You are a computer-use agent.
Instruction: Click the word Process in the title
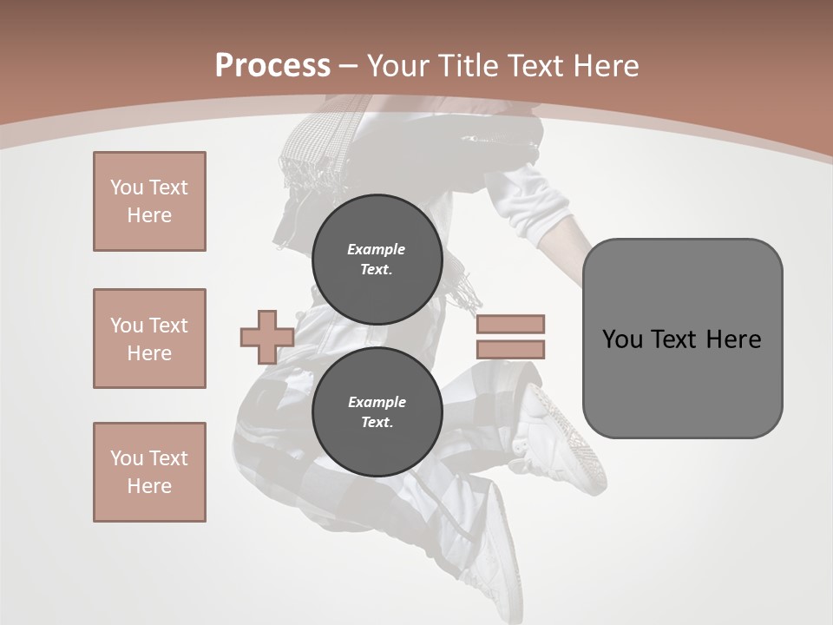tap(272, 66)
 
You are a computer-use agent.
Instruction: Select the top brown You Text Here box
tap(149, 201)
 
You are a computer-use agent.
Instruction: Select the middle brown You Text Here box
tap(149, 339)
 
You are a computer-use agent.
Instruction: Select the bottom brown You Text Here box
tap(149, 472)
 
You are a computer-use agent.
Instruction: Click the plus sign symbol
tap(266, 337)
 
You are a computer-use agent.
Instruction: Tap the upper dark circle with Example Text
tap(377, 259)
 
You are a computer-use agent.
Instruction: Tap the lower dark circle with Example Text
tap(377, 412)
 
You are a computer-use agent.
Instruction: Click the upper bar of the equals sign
tap(510, 324)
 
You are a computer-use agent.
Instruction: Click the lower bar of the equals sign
tap(510, 350)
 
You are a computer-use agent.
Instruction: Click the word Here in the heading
tap(606, 66)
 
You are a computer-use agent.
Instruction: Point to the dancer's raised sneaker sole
tap(568, 434)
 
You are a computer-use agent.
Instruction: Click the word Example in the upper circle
tap(376, 249)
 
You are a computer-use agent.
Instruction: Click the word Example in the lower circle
tap(377, 402)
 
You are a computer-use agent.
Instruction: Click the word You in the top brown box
tap(126, 187)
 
